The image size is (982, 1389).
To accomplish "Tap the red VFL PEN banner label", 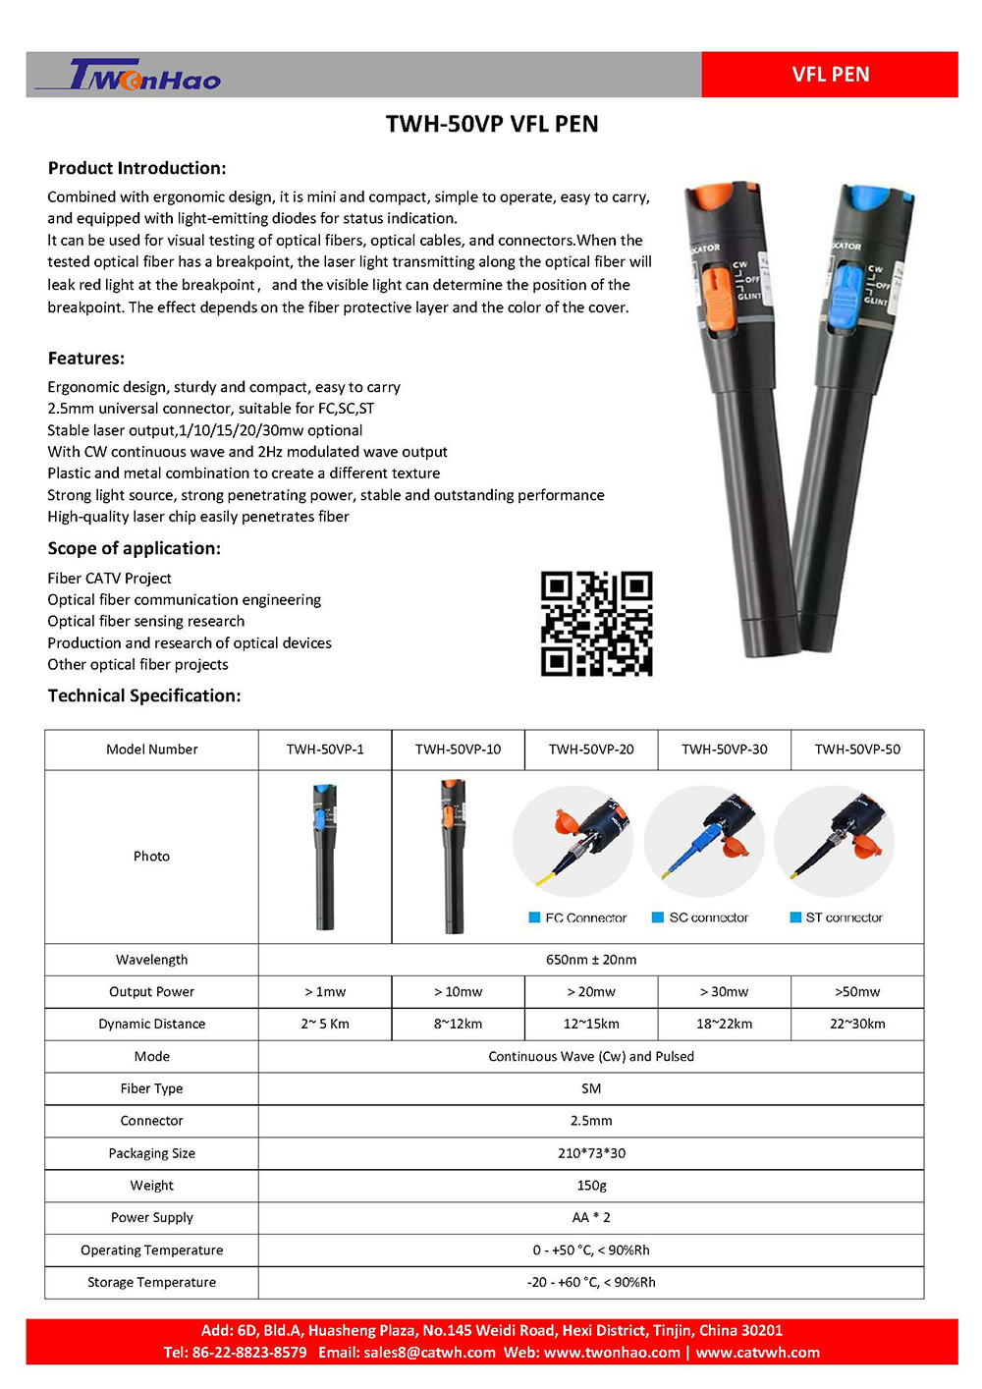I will point(830,75).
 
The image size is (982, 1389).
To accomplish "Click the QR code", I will point(596,624).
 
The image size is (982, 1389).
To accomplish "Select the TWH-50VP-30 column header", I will point(725,750).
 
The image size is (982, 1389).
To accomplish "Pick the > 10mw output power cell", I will point(459,992).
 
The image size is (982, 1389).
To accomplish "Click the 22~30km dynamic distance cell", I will point(857,1024).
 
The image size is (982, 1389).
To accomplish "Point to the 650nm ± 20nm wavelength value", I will point(591,960).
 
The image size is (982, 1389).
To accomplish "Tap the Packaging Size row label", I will point(152,1153).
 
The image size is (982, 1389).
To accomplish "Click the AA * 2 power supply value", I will point(591,1217).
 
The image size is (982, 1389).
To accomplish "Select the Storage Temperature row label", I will point(152,1282).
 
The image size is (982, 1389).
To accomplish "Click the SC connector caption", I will point(708,917).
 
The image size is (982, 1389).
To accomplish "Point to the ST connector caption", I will point(844,917).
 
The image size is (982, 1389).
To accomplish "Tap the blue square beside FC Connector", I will point(535,917).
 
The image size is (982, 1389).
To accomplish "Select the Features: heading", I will point(86,359).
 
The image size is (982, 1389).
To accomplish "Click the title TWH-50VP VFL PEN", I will point(492,124).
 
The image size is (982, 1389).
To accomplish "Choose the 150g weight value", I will point(591,1186).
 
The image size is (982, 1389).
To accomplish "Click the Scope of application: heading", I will point(135,548).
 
